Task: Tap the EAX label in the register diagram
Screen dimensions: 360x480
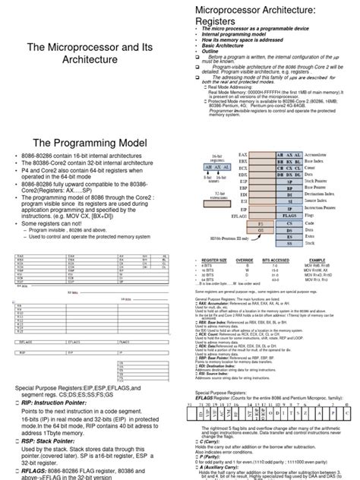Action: [x=242, y=155]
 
